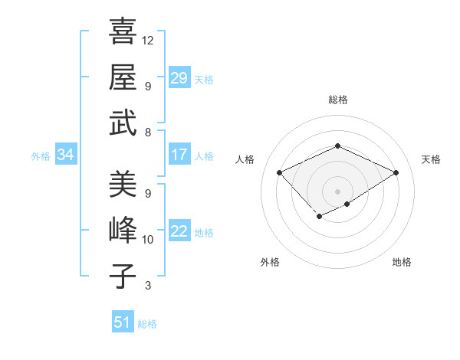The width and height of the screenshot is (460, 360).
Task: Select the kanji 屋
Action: tap(123, 77)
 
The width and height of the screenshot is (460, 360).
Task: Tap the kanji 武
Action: tap(123, 123)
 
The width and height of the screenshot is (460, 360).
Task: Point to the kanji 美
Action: tap(123, 184)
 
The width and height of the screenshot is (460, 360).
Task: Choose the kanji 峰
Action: tap(123, 230)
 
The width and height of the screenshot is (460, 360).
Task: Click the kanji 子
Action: tap(123, 276)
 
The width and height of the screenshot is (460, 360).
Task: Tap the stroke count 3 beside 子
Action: tap(148, 286)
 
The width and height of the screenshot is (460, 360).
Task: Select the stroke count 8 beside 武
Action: tap(148, 133)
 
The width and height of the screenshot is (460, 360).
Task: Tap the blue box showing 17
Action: tap(179, 155)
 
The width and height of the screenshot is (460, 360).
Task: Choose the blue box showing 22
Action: tap(179, 231)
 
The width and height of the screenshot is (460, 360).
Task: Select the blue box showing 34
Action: tap(66, 155)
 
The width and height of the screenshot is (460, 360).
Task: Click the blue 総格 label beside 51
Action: tap(147, 324)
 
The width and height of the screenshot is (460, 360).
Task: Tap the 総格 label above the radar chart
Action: tap(337, 100)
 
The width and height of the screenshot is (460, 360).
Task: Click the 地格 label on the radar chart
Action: tap(402, 262)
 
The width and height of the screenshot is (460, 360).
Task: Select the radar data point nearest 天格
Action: tap(396, 172)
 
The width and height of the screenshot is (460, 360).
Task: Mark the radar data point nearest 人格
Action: tap(280, 172)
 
